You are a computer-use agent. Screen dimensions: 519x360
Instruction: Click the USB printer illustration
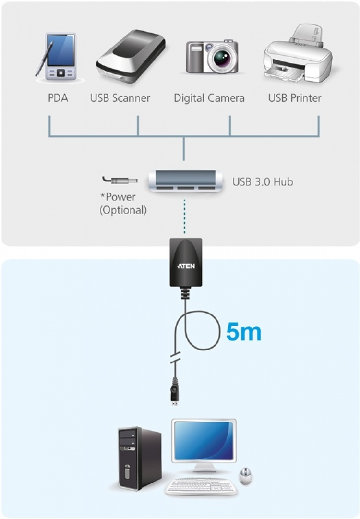298,55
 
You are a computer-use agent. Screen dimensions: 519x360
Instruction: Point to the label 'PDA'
58,98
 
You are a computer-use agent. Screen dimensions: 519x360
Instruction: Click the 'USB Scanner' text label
120,98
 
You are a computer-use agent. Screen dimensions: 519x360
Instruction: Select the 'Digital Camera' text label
209,98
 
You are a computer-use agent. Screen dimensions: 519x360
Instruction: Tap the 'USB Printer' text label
295,98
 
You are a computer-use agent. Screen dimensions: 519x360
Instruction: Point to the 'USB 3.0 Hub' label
263,182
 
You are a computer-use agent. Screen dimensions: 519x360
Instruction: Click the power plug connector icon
120,181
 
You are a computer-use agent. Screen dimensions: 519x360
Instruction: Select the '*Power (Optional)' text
122,204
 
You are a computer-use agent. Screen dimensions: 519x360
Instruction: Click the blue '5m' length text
244,333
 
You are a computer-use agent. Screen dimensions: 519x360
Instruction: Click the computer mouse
246,475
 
